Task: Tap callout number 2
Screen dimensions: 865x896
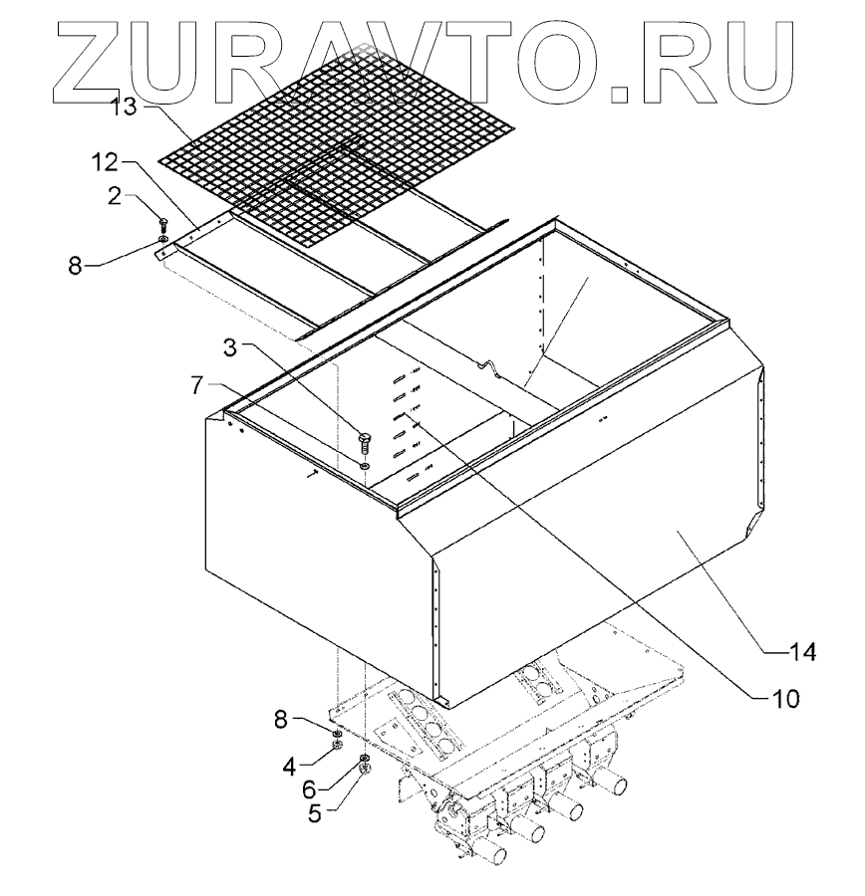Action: (x=116, y=195)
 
